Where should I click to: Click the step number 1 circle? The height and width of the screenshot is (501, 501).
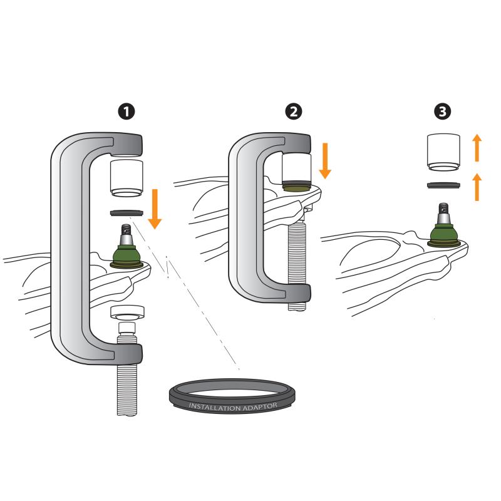[127, 111]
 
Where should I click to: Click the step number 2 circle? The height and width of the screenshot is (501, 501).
[293, 111]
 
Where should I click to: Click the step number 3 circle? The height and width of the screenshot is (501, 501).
[443, 111]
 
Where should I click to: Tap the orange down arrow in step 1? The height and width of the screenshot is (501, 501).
[155, 209]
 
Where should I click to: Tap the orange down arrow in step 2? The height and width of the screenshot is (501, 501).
[325, 161]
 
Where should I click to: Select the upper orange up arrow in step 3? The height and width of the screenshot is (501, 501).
[477, 148]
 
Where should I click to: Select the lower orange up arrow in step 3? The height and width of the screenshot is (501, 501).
[477, 187]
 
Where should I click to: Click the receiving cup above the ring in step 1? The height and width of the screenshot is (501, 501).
[127, 178]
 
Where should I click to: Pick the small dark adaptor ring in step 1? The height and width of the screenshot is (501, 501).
[127, 212]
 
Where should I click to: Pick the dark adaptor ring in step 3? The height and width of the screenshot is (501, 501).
[444, 185]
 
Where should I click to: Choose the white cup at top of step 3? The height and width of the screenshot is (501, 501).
[444, 153]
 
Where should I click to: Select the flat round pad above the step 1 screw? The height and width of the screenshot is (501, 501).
[127, 312]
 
